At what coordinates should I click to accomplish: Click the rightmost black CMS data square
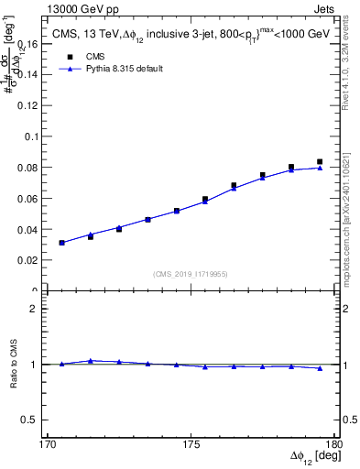(320, 162)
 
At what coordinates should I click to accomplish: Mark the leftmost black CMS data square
(61, 243)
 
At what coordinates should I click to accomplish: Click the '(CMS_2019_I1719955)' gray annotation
(191, 273)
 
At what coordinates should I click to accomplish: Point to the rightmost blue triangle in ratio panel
(320, 368)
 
